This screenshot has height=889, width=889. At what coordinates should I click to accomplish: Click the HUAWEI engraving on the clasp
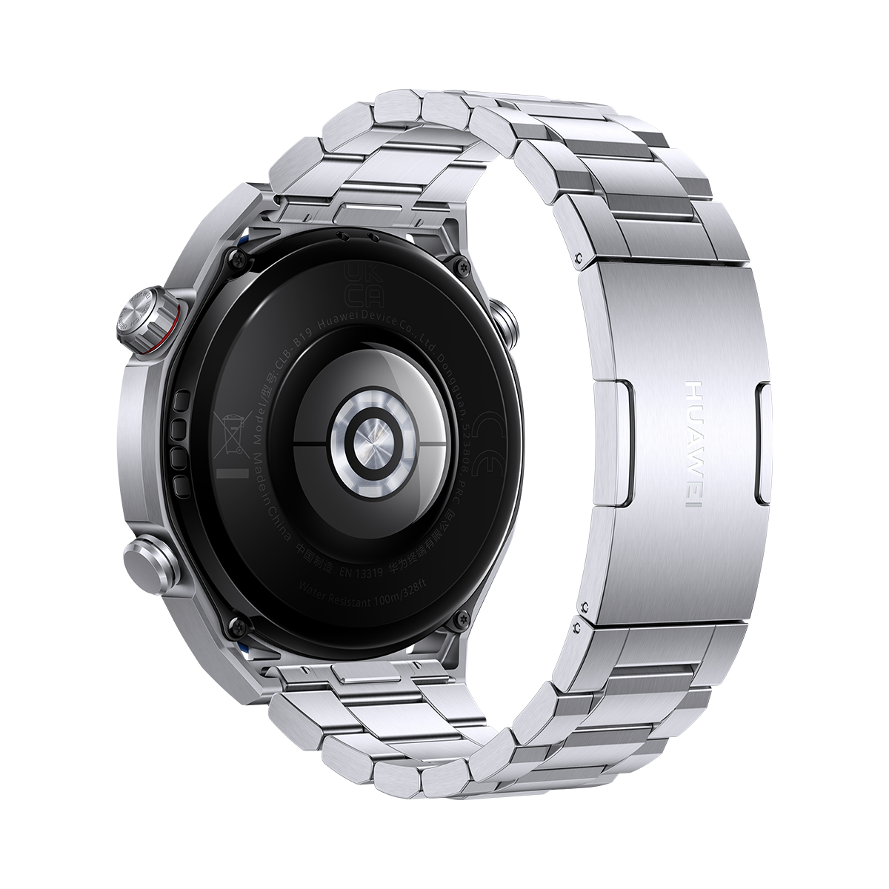point(694,444)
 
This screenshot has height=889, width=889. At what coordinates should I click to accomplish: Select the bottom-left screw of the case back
point(236,625)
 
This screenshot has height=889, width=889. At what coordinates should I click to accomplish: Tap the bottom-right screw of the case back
point(465,614)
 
